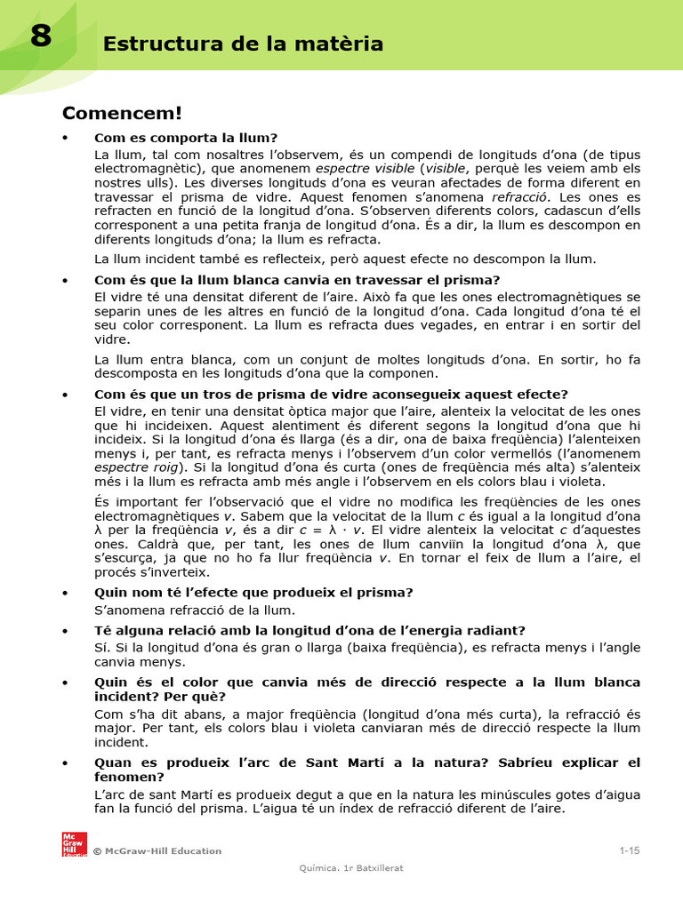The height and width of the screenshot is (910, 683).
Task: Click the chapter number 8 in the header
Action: pyautogui.click(x=40, y=37)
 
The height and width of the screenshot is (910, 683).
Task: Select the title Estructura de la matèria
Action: pyautogui.click(x=243, y=44)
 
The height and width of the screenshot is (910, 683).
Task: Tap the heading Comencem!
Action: pyautogui.click(x=122, y=113)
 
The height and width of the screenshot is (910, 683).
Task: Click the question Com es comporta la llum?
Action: pyautogui.click(x=186, y=138)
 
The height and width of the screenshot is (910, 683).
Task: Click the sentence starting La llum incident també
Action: pyautogui.click(x=345, y=259)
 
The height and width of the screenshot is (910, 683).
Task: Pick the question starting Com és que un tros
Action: pyautogui.click(x=331, y=394)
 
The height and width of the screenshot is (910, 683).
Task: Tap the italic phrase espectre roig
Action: pyautogui.click(x=136, y=467)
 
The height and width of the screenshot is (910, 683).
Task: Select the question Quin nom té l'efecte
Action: pyautogui.click(x=253, y=592)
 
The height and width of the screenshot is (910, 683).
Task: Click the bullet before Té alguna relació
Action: pyautogui.click(x=66, y=631)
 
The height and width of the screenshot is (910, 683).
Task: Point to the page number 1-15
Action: pyautogui.click(x=629, y=850)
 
